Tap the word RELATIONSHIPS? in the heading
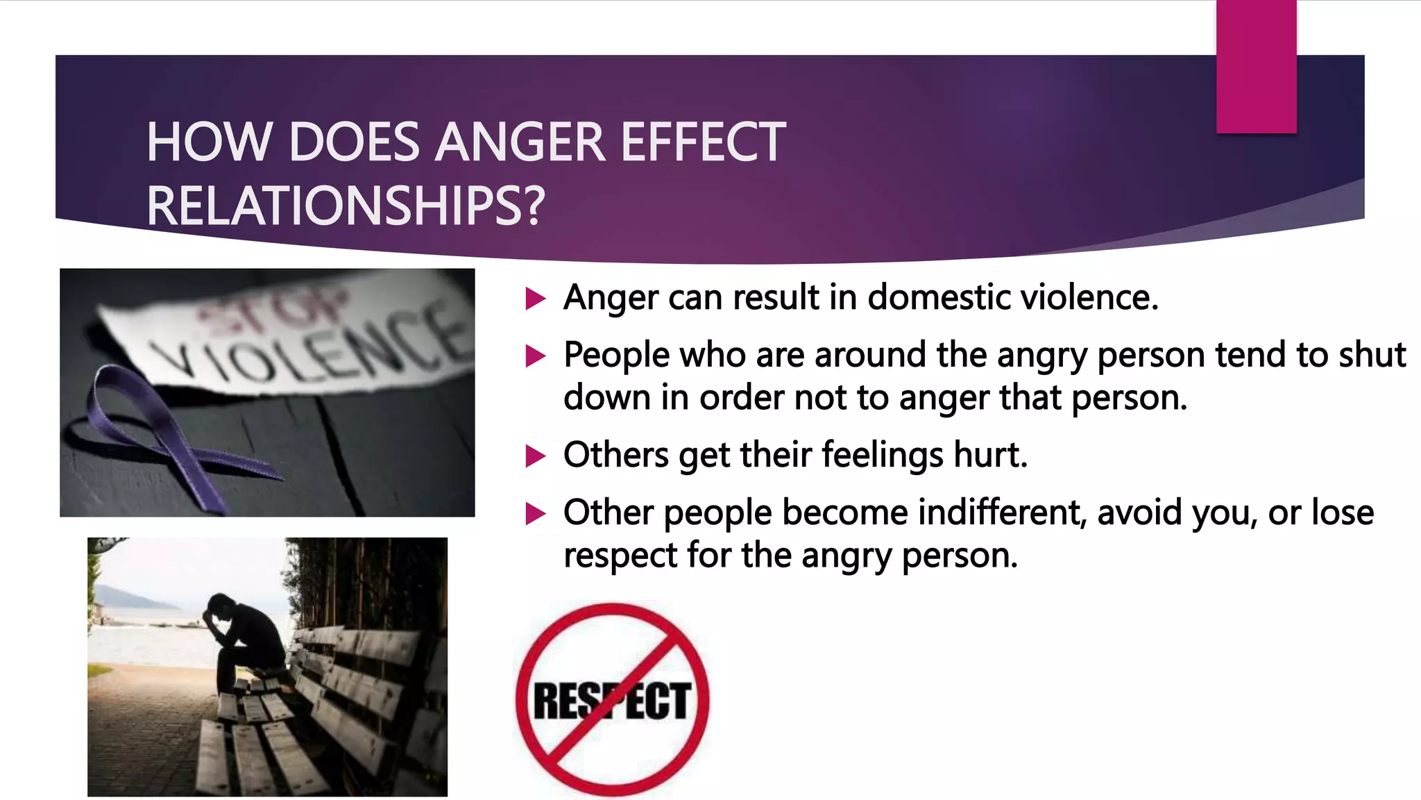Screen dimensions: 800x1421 pos(346,206)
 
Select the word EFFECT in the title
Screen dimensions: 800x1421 pos(703,142)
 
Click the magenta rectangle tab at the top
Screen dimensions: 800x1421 pos(1256,67)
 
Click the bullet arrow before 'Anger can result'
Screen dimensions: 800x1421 pos(536,299)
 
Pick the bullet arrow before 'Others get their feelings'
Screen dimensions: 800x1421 pos(536,457)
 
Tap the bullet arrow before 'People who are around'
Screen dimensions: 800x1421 pos(536,357)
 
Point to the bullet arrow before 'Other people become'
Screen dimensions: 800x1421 pos(536,515)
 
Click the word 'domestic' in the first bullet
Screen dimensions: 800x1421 pos(939,297)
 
